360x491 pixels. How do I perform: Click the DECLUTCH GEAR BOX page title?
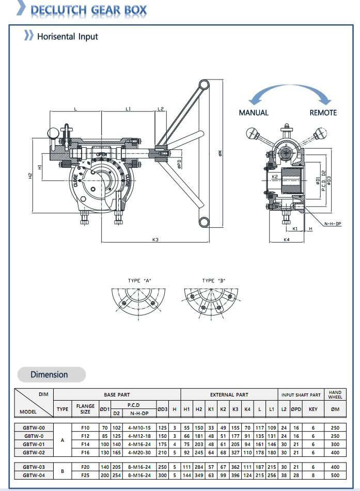click(88, 10)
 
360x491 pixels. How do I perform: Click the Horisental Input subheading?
click(67, 37)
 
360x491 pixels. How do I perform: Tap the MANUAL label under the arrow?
click(253, 113)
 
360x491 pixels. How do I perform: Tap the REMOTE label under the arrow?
click(323, 113)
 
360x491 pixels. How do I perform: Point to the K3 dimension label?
click(155, 239)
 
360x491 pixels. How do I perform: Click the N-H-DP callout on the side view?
click(333, 224)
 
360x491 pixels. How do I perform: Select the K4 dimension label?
click(286, 240)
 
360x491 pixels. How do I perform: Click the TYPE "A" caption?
click(139, 281)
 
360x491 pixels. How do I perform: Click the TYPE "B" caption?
click(213, 281)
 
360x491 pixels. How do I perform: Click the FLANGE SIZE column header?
click(85, 409)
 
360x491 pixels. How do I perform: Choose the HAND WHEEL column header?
click(335, 395)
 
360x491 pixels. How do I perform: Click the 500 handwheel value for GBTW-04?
click(335, 475)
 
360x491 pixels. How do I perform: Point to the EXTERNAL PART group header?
click(229, 395)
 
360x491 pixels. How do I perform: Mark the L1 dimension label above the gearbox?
click(128, 109)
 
